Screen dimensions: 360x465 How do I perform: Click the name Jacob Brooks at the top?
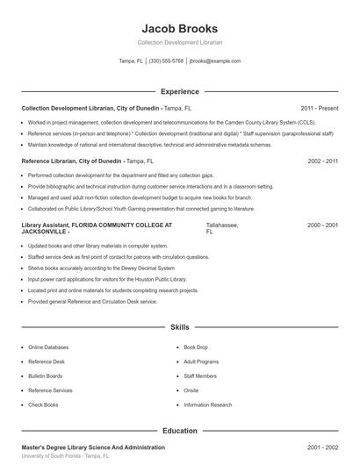tap(179, 28)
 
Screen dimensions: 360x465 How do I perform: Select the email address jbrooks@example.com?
tap(215, 61)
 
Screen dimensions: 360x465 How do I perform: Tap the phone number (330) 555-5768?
tap(166, 61)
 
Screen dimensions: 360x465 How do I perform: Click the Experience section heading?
tap(179, 91)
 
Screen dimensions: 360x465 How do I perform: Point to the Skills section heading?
tap(179, 326)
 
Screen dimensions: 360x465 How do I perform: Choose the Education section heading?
tap(179, 431)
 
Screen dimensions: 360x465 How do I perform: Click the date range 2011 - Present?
tap(319, 107)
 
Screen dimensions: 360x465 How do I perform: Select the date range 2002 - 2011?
tap(322, 161)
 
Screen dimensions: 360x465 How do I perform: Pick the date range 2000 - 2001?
tap(322, 225)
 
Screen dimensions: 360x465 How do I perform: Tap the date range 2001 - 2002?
tap(322, 447)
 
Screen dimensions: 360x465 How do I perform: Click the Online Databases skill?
tap(47, 347)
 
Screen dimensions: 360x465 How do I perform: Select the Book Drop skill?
tap(196, 347)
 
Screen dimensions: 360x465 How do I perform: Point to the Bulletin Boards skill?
tap(46, 376)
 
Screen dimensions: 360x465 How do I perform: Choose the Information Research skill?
tap(208, 404)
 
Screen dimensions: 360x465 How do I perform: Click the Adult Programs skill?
tap(201, 361)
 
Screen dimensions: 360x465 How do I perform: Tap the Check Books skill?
tap(43, 404)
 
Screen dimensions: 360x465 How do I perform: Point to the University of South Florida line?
tap(66, 457)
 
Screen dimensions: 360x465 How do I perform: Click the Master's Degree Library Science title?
tap(93, 447)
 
